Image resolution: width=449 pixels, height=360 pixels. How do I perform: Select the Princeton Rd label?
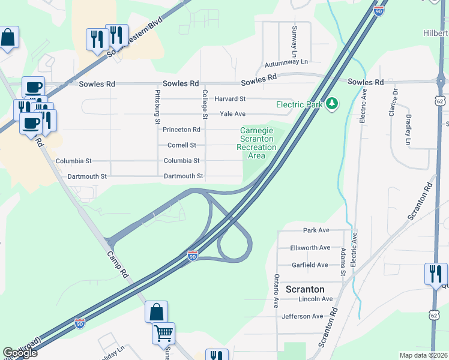pos(181,130)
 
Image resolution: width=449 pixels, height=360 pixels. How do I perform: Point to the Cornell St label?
pos(181,145)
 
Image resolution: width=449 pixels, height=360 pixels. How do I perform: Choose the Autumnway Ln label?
pos(285,62)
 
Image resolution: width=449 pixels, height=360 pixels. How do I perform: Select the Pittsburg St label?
pos(158,107)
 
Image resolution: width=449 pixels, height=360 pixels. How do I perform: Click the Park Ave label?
pos(316,230)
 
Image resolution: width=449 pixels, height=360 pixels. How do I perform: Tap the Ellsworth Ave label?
pos(310,248)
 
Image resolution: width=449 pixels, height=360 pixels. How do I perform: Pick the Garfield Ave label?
pos(309,265)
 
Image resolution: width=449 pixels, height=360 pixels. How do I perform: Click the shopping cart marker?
pos(164,333)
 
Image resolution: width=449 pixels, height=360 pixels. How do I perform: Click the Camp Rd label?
pos(118,265)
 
